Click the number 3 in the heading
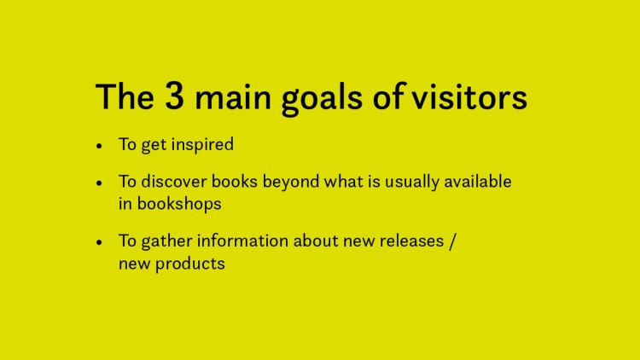pos(172,98)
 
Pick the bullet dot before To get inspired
pos(100,146)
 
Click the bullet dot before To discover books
pos(100,183)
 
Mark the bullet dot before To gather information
pos(100,242)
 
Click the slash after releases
pos(454,242)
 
